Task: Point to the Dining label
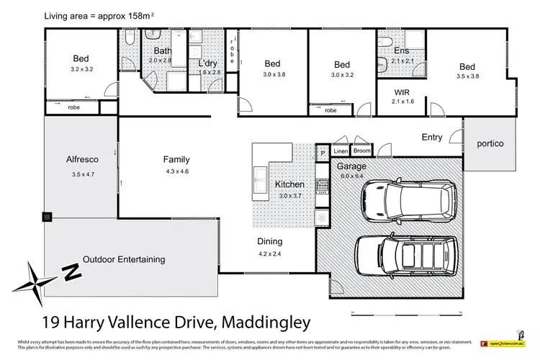[x=271, y=242]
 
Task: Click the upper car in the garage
[x=408, y=199]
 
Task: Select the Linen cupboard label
[x=341, y=151]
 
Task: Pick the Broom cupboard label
[x=361, y=151]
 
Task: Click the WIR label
[x=402, y=93]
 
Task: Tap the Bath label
[x=162, y=50]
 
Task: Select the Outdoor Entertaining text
[x=124, y=259]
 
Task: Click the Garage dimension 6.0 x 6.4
[x=352, y=174]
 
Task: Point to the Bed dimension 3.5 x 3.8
[x=467, y=77]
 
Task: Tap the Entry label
[x=432, y=137]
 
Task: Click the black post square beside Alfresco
[x=48, y=216]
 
